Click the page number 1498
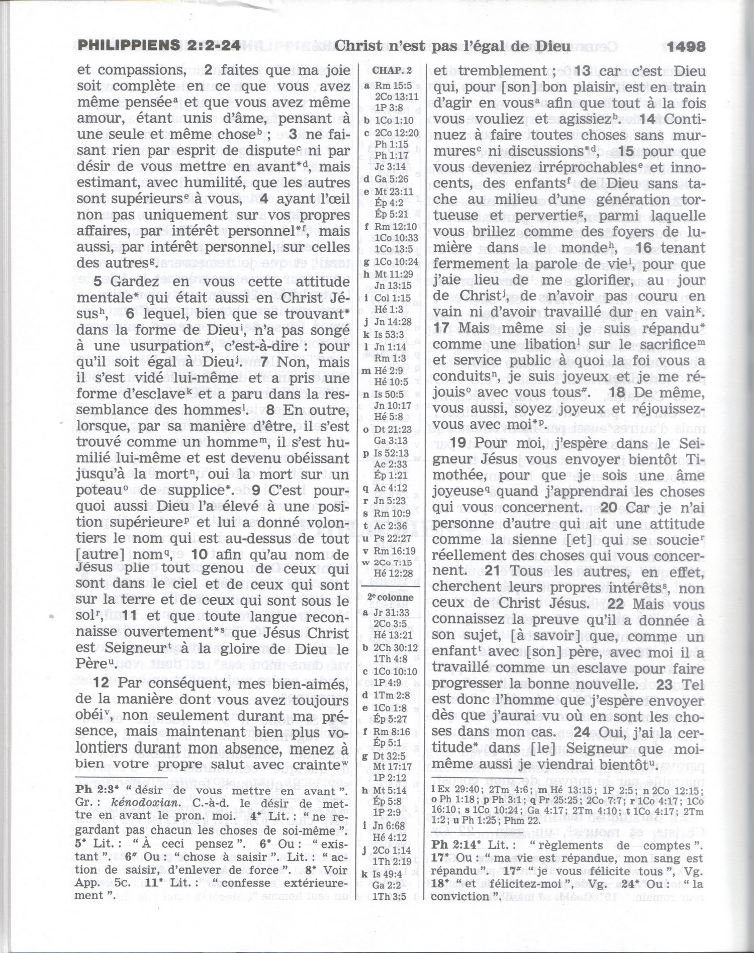686,47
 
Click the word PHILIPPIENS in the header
128,46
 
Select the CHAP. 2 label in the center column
392,70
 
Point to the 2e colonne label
390,598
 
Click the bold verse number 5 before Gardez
98,281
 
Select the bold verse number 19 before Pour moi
458,443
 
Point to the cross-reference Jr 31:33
391,613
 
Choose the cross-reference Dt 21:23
393,429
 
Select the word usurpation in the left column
159,346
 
